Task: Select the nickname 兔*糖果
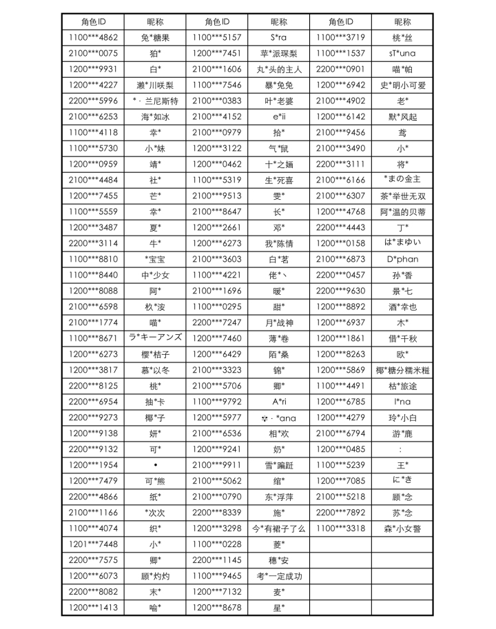155,37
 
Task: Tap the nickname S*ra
278,37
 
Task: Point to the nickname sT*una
402,53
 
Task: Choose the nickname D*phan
402,259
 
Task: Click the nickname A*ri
278,402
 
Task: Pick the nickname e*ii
278,116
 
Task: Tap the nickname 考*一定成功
278,576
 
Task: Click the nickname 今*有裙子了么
278,528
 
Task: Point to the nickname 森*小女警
402,528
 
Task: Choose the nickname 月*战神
278,322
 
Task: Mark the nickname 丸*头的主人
278,69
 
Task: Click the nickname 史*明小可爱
402,85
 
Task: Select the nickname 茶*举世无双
402,196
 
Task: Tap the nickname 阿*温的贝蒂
402,212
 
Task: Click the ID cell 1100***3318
340,528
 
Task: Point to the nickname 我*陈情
278,243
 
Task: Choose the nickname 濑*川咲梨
155,85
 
